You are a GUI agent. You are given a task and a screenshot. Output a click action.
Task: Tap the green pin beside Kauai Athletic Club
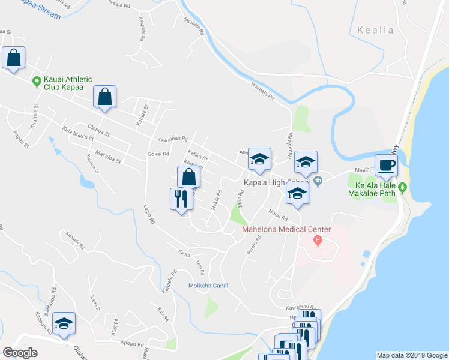pos(37,81)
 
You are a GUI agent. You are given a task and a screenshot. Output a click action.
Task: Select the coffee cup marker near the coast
pos(386,164)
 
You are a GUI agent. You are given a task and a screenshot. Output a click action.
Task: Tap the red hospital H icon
pos(319,241)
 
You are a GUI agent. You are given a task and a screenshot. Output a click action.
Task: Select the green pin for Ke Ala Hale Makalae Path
pos(403,188)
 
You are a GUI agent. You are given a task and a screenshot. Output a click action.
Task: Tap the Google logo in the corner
pos(20,353)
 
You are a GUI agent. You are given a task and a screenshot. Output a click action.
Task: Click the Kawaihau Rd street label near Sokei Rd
pos(173,139)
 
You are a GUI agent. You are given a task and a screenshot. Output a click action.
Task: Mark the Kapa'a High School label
pos(276,182)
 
